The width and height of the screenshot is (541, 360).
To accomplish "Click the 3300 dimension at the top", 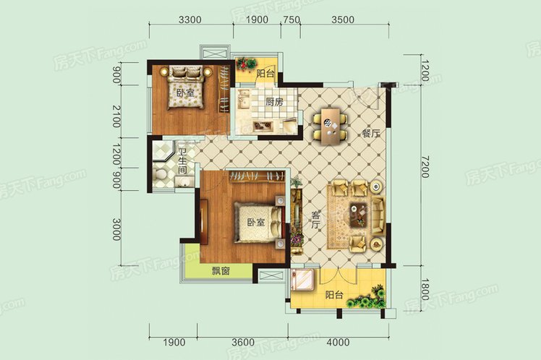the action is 190,20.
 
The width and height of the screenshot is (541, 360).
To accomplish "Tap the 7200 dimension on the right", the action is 426,166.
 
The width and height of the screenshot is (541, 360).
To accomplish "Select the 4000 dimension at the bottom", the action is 338,343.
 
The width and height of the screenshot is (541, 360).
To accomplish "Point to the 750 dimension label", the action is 291,20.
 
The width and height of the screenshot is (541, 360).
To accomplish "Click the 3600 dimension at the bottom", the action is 243,343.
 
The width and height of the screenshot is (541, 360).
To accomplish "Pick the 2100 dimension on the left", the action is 116,116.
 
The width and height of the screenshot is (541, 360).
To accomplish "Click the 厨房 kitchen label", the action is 275,102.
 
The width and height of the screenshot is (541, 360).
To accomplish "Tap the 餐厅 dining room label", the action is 371,134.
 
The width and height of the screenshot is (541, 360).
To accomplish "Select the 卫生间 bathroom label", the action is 182,161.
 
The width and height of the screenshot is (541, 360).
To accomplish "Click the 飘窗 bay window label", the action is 221,271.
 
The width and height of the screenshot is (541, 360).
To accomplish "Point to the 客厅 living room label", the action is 315,220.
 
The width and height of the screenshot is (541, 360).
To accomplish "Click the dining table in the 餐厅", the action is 331,127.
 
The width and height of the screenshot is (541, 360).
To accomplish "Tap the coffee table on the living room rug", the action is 359,215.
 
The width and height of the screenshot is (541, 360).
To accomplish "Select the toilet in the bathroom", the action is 161,173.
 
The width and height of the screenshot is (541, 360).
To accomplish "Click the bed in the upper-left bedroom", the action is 186,88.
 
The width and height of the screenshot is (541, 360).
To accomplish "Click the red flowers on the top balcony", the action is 247,64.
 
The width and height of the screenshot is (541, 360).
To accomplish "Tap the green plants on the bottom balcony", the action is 367,298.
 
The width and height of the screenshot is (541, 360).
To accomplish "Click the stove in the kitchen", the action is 262,126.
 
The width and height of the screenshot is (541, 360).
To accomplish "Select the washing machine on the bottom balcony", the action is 302,280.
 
